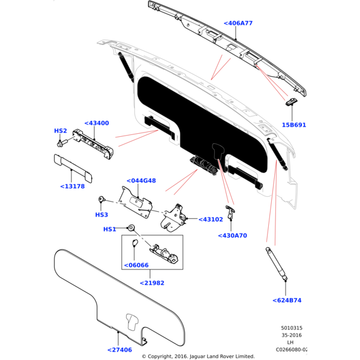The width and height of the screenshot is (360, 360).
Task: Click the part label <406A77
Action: pyautogui.click(x=238, y=23)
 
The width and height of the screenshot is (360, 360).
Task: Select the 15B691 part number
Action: pyautogui.click(x=293, y=125)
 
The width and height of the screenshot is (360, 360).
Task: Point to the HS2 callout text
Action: pyautogui.click(x=61, y=131)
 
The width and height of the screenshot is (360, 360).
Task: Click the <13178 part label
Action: pyautogui.click(x=73, y=186)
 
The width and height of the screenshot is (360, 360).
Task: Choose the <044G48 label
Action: pyautogui.click(x=141, y=181)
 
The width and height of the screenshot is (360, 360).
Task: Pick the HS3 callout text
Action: pyautogui.click(x=101, y=214)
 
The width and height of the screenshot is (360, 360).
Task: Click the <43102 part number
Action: pyautogui.click(x=210, y=220)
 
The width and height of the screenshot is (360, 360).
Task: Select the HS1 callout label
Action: pyautogui.click(x=109, y=229)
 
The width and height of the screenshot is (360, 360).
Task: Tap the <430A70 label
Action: pyautogui.click(x=232, y=236)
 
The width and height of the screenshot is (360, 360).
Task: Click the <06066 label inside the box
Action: pyautogui.click(x=136, y=265)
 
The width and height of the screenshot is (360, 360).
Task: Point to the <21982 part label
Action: pyautogui.click(x=152, y=283)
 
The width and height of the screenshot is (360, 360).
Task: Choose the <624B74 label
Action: pyautogui.click(x=287, y=301)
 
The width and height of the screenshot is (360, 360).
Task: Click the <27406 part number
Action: pyautogui.click(x=119, y=350)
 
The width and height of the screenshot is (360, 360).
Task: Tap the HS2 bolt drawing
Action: pyautogui.click(x=61, y=144)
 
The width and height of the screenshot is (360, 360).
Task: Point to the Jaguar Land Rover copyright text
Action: pyautogui.click(x=197, y=356)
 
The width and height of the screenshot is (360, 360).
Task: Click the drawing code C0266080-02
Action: pyautogui.click(x=292, y=349)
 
